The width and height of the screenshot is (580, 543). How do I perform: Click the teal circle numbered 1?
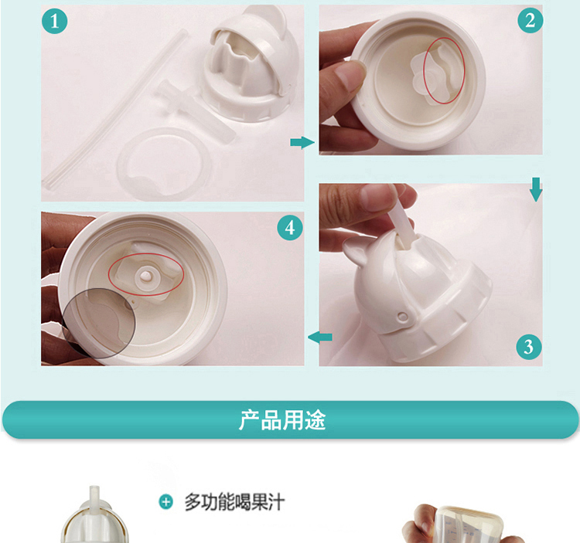click(55, 21)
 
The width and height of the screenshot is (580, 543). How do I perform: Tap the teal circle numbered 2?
click(530, 20)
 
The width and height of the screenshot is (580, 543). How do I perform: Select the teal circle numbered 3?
click(529, 347)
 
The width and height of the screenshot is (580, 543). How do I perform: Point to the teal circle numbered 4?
click(290, 228)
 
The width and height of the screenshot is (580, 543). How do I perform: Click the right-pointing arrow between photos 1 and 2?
click(302, 142)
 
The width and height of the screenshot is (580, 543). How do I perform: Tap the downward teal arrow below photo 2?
click(536, 189)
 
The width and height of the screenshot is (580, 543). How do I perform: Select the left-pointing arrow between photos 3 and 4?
click(320, 337)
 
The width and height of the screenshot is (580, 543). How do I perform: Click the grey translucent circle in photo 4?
click(98, 323)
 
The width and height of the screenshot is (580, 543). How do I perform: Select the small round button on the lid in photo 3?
click(402, 316)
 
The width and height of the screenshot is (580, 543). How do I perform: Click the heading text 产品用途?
click(282, 420)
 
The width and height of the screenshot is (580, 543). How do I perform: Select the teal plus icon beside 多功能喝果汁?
click(165, 502)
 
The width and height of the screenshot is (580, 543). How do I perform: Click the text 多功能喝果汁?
click(234, 502)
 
